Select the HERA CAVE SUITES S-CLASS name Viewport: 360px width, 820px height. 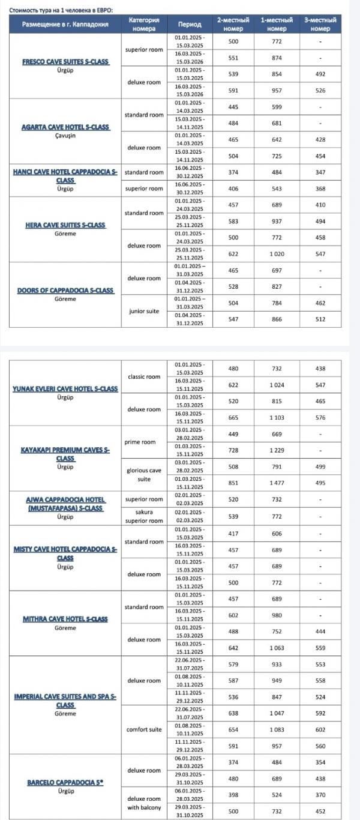pos(65,225)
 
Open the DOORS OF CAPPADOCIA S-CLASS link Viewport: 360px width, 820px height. pos(65,291)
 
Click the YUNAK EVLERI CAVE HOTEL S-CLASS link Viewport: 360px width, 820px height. pos(65,389)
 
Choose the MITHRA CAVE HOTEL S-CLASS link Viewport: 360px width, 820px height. pos(65,619)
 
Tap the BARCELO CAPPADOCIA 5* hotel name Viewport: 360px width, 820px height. pos(65,783)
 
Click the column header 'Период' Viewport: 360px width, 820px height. pos(190,25)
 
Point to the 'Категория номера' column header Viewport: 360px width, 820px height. pos(144,25)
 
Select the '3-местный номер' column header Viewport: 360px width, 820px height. pos(320,25)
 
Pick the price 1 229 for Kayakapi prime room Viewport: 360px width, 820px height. pos(277,450)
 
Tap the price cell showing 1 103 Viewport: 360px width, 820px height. pos(277,417)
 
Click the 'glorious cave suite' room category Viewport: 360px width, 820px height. pos(144,475)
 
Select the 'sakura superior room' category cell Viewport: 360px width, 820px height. pos(144,516)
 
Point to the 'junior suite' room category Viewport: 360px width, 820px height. pos(144,311)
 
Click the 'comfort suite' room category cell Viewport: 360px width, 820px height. pos(144,729)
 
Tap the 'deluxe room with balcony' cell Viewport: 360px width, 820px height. pos(144,803)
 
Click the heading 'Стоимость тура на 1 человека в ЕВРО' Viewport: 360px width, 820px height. pos(60,10)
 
